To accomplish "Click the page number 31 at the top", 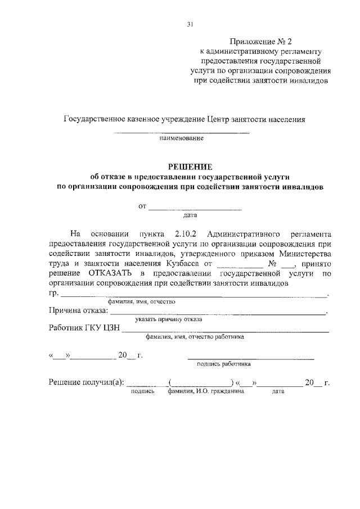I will pos(190,24).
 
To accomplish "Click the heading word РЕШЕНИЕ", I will pos(191,166).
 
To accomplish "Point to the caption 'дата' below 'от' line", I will pos(190,214).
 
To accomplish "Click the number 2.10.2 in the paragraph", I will pos(183,233).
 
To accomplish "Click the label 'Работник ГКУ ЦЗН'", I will pos(84,329).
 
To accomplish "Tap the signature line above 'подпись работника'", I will pos(250,358).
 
